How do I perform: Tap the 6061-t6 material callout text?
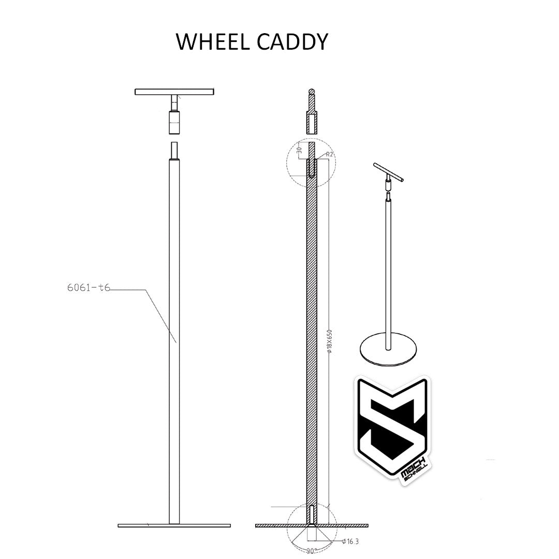click(x=89, y=288)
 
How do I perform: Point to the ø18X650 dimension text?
click(x=330, y=342)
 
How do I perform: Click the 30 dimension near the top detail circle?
click(x=299, y=150)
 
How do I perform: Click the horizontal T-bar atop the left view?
click(x=174, y=92)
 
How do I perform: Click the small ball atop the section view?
click(x=312, y=93)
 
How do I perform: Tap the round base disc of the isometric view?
click(x=388, y=352)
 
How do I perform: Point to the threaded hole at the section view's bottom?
click(x=311, y=513)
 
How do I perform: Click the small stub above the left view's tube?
click(x=174, y=150)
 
